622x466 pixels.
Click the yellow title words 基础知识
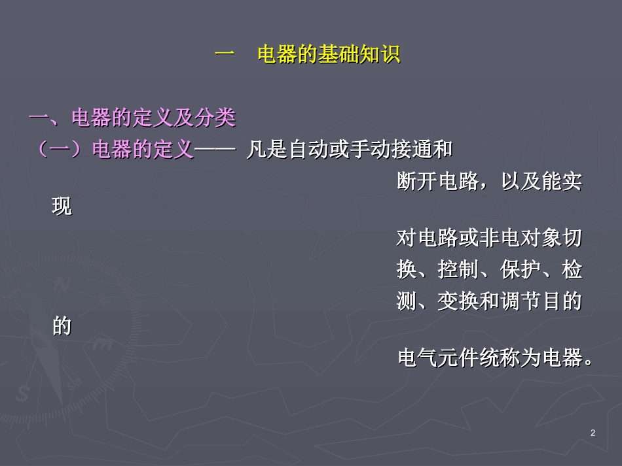(x=359, y=55)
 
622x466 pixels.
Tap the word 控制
(x=458, y=270)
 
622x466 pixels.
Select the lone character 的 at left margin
(x=62, y=326)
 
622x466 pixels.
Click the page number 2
(x=593, y=433)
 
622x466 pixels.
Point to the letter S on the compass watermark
(x=24, y=393)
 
